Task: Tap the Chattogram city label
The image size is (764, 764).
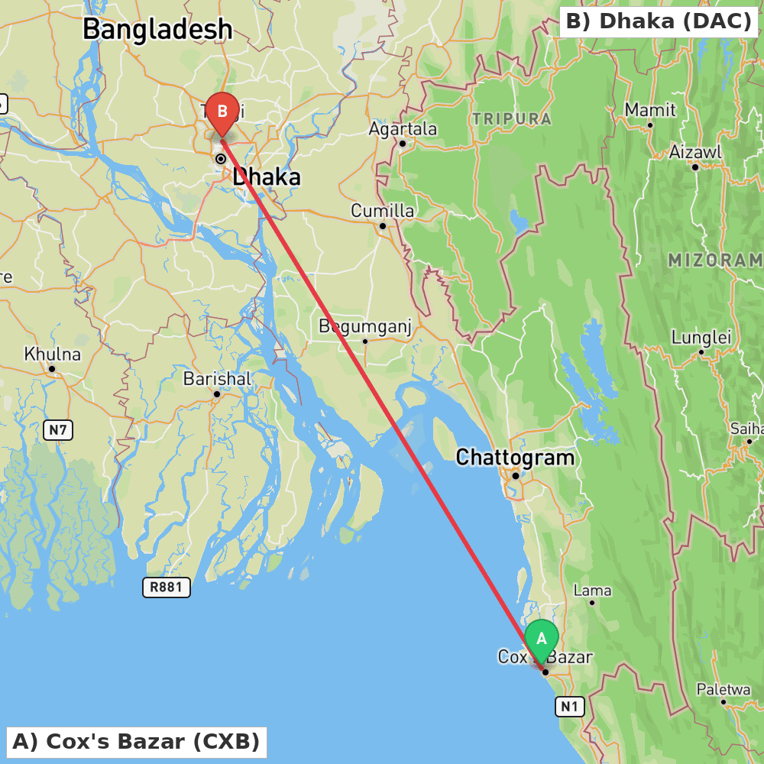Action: click(x=515, y=458)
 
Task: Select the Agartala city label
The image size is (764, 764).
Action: click(x=403, y=129)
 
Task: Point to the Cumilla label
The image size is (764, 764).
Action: click(x=383, y=211)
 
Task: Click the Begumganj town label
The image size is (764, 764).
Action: click(x=365, y=327)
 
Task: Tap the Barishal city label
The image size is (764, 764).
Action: click(x=217, y=379)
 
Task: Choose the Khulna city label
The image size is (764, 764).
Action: click(x=52, y=354)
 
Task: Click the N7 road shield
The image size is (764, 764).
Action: click(x=58, y=430)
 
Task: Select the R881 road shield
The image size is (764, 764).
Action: click(x=166, y=587)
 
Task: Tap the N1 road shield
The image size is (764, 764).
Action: click(x=569, y=707)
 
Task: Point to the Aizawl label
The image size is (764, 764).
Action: click(x=695, y=152)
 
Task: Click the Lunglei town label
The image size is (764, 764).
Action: click(x=701, y=338)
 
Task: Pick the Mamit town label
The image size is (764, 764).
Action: click(x=650, y=110)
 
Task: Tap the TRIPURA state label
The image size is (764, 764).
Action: click(x=512, y=119)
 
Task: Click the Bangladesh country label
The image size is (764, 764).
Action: click(x=157, y=30)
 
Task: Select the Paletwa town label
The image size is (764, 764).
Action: click(x=724, y=690)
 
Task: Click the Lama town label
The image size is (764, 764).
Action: click(x=592, y=591)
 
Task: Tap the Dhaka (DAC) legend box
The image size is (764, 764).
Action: click(x=659, y=21)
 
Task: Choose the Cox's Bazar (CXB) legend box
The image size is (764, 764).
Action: click(x=136, y=742)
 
